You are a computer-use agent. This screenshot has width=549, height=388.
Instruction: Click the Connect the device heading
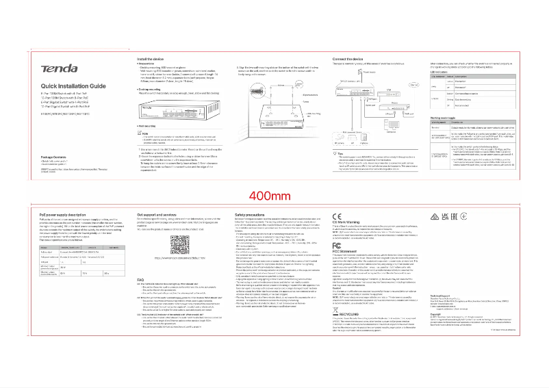[348, 60]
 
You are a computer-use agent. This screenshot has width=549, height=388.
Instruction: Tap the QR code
[179, 245]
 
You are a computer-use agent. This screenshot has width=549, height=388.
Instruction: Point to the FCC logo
[337, 244]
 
